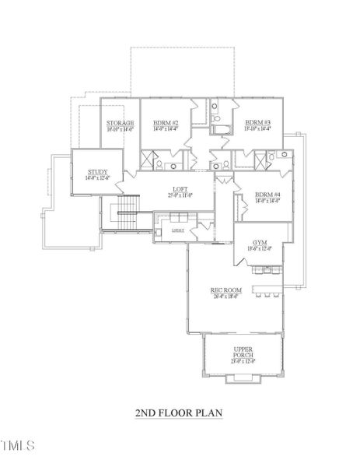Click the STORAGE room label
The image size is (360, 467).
[x=120, y=123]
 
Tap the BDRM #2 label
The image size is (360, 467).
[x=166, y=123]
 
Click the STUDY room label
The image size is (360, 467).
[x=98, y=172]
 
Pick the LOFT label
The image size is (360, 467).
[x=181, y=189]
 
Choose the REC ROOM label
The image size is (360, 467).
[x=226, y=290]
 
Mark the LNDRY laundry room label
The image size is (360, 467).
[x=178, y=231]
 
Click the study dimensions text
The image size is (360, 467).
[x=98, y=178]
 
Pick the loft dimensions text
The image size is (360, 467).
[x=181, y=195]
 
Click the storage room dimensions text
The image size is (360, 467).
[x=120, y=129]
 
